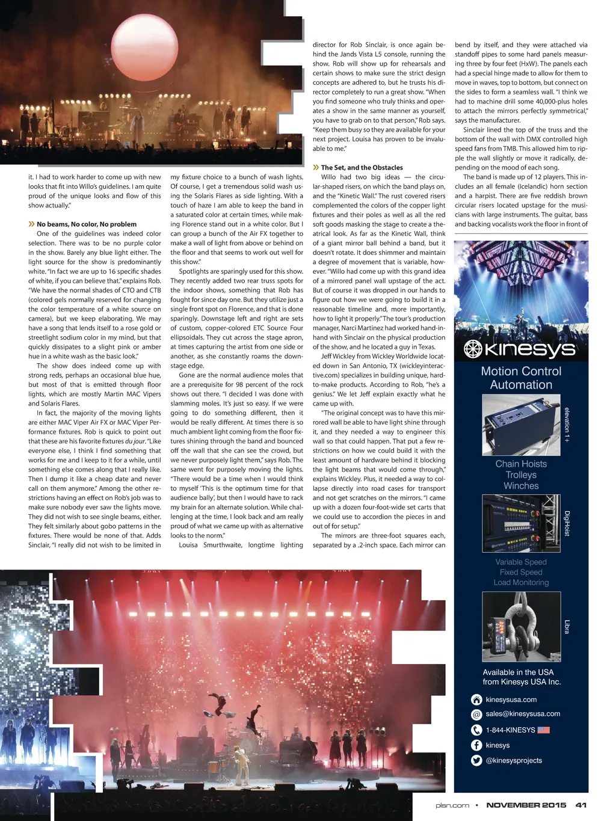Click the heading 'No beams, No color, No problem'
pos(86,224)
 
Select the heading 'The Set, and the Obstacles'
pos(362,168)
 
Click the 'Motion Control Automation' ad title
pos(521,378)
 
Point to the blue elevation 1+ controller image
pos(521,425)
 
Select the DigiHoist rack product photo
pos(521,523)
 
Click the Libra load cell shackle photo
pos(521,627)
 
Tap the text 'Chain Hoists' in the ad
pos(521,464)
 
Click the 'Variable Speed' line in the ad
pos(521,562)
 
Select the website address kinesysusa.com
pos(511,700)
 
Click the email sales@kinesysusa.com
pos(523,714)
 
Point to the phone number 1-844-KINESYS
pos(510,730)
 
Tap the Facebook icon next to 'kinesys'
pos(476,745)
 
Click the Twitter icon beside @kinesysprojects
pos(476,760)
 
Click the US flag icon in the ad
pos(544,730)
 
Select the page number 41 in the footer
pos(581,805)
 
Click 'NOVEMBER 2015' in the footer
pos(526,805)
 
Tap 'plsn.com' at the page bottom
pos(452,805)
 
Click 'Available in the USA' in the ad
pos(518,672)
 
